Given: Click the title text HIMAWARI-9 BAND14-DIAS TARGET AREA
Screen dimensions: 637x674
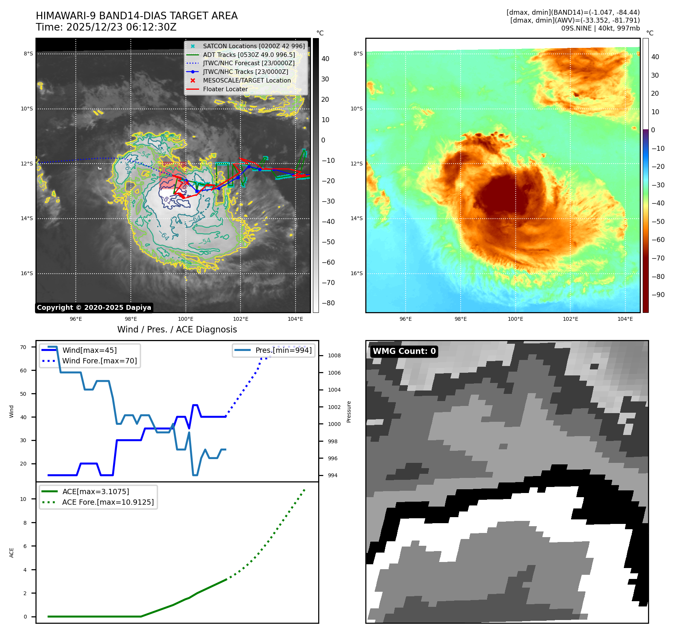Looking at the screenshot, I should click(136, 16).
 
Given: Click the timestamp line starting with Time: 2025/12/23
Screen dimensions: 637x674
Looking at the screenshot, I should click(106, 27).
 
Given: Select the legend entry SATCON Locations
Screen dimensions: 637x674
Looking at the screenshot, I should click(254, 46).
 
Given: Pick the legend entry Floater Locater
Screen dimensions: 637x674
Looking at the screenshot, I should click(225, 89).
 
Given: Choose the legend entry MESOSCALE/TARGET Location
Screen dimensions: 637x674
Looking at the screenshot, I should click(247, 80).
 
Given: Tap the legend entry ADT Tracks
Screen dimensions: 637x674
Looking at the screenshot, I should click(249, 55).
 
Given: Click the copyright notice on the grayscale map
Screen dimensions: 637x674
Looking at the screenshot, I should click(94, 308).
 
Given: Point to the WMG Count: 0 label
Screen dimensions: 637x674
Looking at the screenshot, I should click(404, 351).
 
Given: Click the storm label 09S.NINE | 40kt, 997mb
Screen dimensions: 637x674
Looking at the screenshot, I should click(600, 28).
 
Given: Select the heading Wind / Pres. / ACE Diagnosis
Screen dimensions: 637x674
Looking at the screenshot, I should click(177, 329).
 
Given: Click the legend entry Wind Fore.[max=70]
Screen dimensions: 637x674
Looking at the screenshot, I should click(100, 361).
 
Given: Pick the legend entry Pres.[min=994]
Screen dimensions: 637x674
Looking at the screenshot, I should click(283, 350).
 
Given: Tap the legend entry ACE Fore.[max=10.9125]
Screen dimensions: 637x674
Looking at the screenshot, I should click(108, 502).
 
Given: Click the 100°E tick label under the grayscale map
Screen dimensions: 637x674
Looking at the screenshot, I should click(185, 319).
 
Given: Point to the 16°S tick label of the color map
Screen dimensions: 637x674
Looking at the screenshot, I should click(356, 273).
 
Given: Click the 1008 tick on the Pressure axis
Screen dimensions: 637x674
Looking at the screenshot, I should click(334, 355).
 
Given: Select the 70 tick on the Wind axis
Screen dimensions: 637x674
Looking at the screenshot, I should click(23, 347).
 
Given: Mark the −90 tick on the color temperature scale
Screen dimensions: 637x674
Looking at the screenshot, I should click(658, 295).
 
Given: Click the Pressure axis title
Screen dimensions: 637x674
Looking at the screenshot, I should click(349, 412).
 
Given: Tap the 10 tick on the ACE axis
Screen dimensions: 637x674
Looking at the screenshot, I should click(23, 499).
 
